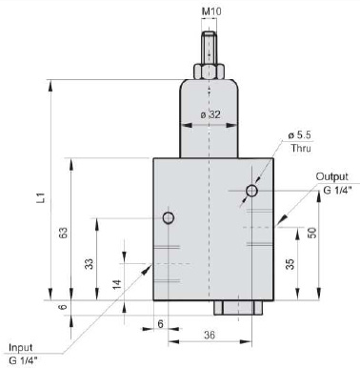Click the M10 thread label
click(211, 11)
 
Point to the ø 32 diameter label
click(210, 114)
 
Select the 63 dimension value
click(63, 233)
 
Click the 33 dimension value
click(90, 264)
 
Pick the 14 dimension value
click(117, 284)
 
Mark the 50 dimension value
click(311, 233)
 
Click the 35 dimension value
click(290, 264)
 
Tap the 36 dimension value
click(210, 335)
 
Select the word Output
click(332, 176)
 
